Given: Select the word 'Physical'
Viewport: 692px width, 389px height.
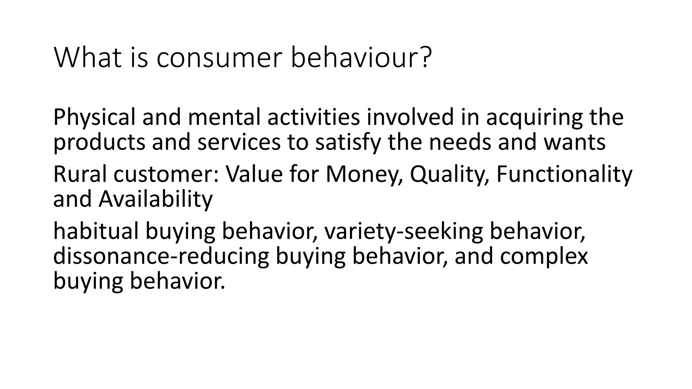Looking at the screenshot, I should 94,118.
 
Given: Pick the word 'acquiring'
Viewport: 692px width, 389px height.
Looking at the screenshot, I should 534,118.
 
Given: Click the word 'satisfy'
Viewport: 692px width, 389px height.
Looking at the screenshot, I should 348,142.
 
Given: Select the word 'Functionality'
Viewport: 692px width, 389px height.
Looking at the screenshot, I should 564,175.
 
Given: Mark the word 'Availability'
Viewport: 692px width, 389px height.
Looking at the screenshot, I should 155,199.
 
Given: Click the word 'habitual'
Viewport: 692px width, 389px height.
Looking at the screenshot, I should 96,232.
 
